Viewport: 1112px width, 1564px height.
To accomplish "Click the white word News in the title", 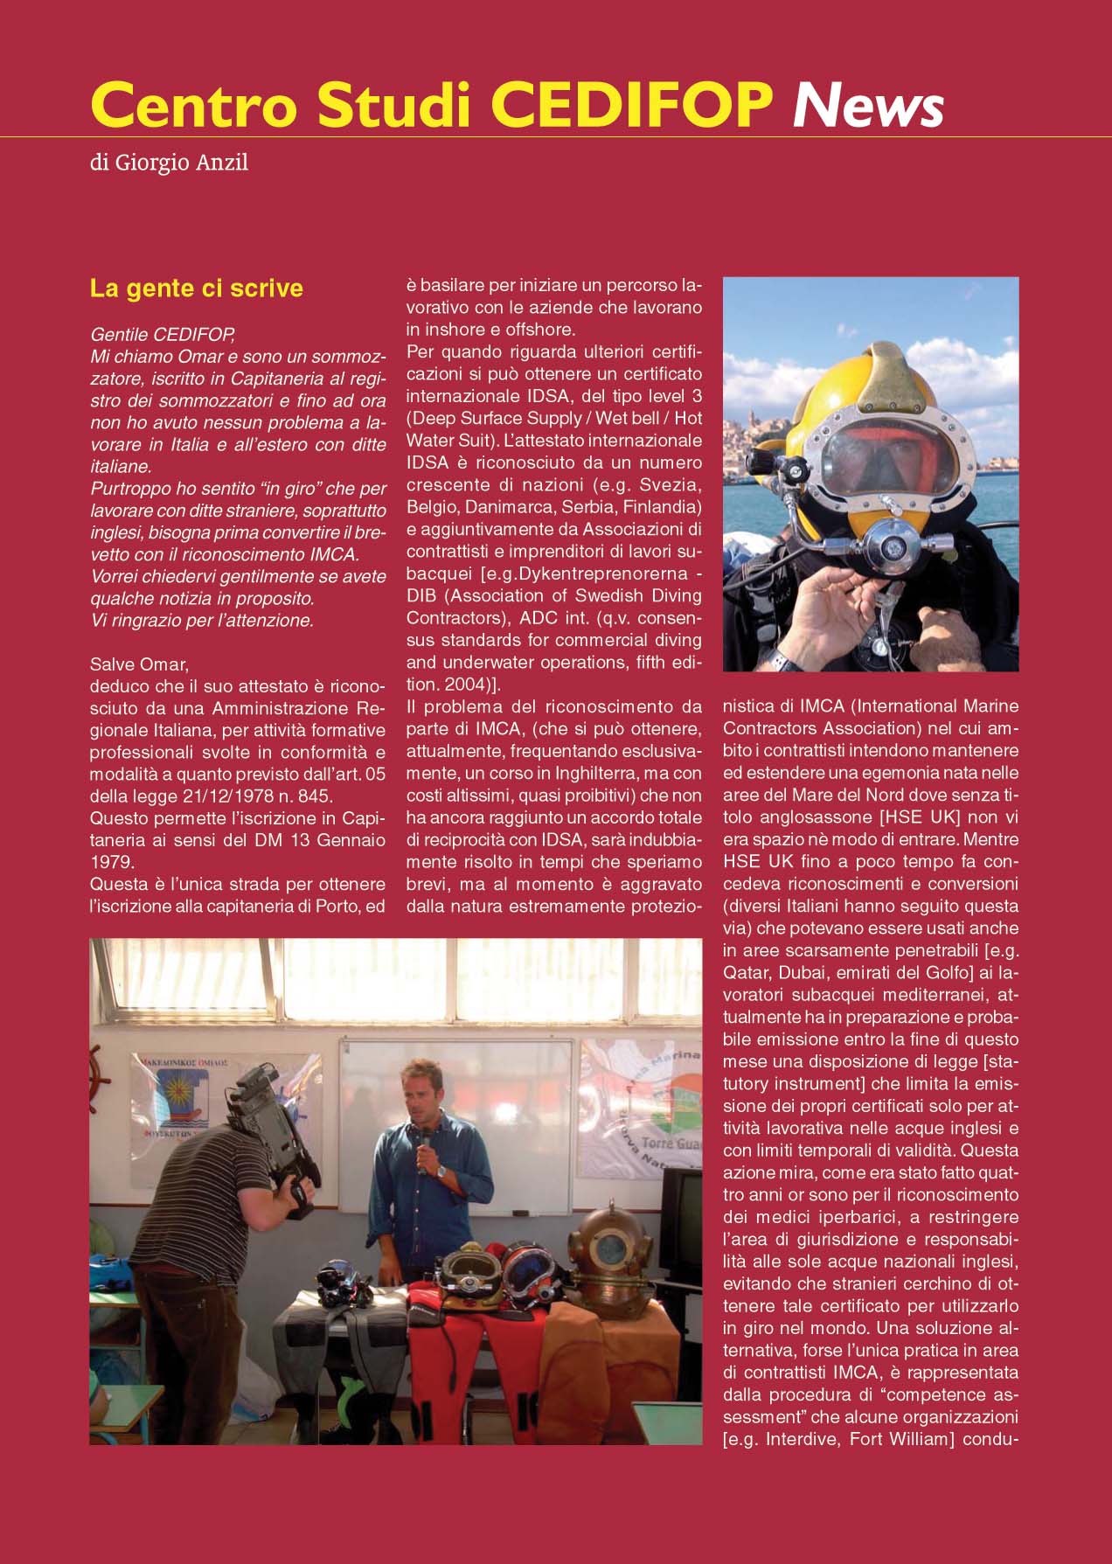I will (x=867, y=106).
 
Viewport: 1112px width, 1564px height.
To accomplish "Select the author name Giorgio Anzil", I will (x=182, y=163).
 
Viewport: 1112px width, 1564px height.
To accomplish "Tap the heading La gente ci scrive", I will (x=197, y=288).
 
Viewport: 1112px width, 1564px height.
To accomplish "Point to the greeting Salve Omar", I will (x=139, y=664).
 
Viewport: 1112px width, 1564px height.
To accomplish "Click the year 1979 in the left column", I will (x=113, y=862).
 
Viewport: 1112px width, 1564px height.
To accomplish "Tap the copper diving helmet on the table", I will (x=610, y=1250).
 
